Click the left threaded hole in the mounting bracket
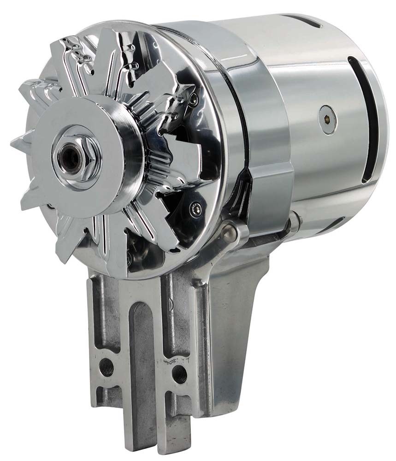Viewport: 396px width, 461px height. pyautogui.click(x=106, y=367)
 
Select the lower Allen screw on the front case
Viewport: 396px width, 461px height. pyautogui.click(x=195, y=210)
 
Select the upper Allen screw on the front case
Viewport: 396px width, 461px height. pyautogui.click(x=194, y=98)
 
